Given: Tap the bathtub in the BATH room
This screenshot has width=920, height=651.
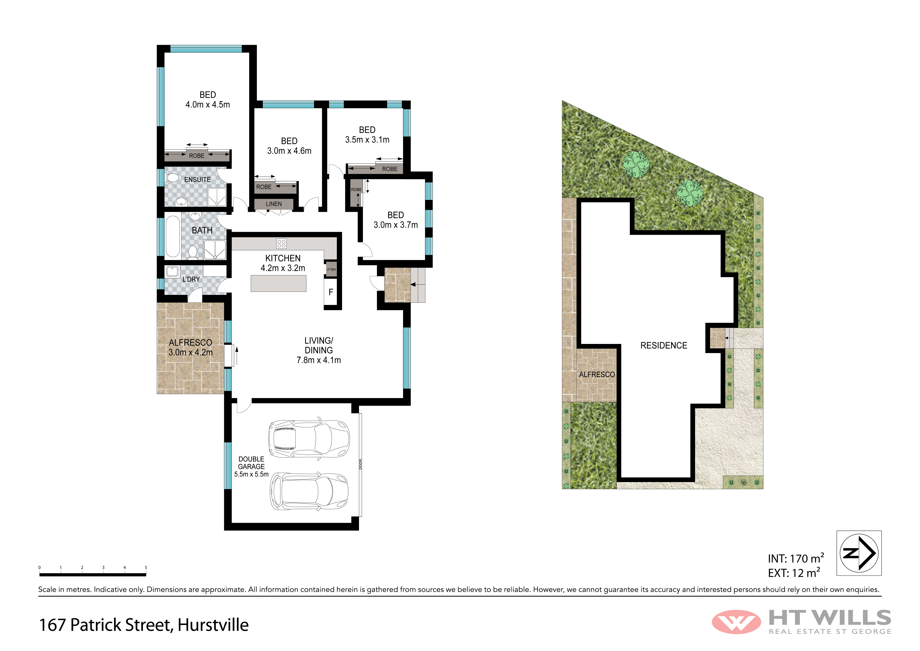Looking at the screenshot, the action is pyautogui.click(x=173, y=236).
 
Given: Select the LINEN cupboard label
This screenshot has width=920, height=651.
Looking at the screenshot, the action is pyautogui.click(x=274, y=204).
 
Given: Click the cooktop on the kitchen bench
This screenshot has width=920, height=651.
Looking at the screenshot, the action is pyautogui.click(x=281, y=243).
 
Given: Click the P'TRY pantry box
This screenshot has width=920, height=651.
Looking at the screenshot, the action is pyautogui.click(x=331, y=269).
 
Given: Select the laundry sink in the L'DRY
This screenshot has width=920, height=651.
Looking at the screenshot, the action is pyautogui.click(x=172, y=271).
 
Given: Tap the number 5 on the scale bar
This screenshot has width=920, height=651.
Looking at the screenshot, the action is pyautogui.click(x=146, y=567).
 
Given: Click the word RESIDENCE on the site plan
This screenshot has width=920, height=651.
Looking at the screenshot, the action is pyautogui.click(x=664, y=346).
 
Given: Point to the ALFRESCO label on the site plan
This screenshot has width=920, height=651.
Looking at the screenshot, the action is pyautogui.click(x=597, y=374).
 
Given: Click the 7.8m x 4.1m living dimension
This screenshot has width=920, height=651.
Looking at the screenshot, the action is pyautogui.click(x=319, y=360).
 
